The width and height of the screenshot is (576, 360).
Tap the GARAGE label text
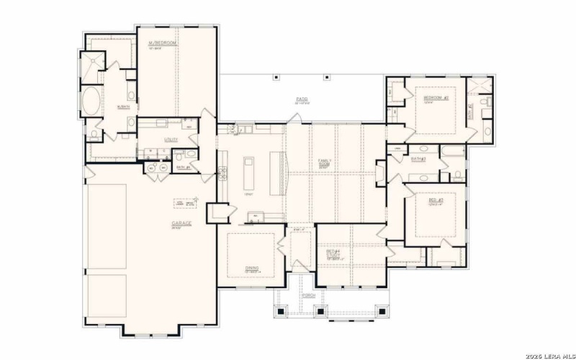pos(181,224)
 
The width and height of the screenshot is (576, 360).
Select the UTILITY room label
pos(171,139)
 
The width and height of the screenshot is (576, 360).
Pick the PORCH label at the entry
pos(310,295)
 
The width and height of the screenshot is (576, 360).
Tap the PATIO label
pos(302,99)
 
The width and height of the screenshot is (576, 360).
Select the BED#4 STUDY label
pos(332,254)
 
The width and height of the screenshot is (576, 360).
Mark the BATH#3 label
pos(418,158)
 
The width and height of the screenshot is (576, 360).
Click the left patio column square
pos(275,77)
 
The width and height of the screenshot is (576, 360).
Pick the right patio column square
pos(327,77)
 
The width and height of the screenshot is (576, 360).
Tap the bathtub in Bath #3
pos(452,151)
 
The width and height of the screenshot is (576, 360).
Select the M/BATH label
pos(123,107)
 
